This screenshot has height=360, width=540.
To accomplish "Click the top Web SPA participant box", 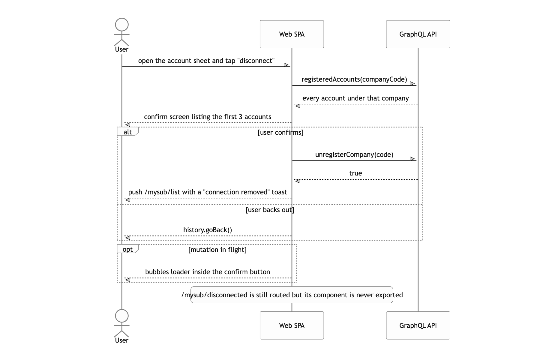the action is click(292, 34).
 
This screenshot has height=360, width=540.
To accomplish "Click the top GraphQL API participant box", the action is click(418, 34).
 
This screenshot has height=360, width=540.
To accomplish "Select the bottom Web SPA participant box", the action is click(292, 325).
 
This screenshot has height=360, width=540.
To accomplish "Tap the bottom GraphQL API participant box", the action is click(418, 325).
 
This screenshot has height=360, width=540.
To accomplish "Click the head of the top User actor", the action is click(122, 25).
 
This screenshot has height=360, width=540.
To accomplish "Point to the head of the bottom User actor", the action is click(122, 316).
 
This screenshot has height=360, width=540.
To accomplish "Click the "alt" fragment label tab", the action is click(128, 131).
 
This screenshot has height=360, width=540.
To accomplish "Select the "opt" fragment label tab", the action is click(128, 249).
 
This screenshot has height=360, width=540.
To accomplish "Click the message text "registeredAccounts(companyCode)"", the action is click(354, 79).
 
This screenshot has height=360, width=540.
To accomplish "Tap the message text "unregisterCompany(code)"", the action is click(354, 155).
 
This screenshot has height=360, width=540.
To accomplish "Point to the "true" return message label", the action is click(355, 173).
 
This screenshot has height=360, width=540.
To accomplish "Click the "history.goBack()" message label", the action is click(208, 230).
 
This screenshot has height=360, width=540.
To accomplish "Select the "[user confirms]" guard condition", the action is click(280, 133).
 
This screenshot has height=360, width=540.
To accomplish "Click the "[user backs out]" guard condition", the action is click(270, 210).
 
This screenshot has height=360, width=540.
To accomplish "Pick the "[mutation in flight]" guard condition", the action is click(217, 250).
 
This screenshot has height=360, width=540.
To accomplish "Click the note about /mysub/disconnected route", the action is click(292, 295).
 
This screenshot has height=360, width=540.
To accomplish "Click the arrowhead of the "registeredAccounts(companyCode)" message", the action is click(413, 84).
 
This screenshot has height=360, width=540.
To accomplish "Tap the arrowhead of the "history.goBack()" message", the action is click(128, 238).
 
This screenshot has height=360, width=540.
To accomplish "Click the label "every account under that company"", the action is click(355, 98).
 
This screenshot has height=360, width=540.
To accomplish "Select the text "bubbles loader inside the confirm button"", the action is click(208, 272).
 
